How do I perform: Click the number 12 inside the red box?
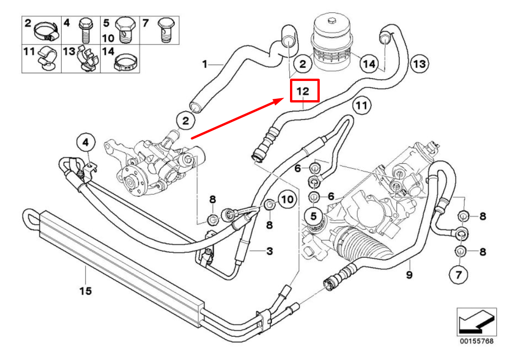(302, 91)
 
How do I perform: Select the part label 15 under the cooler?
(86, 290)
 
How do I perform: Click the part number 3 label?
(269, 251)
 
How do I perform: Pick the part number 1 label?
(205, 64)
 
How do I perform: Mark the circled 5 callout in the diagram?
(314, 215)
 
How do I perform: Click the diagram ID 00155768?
(476, 341)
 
